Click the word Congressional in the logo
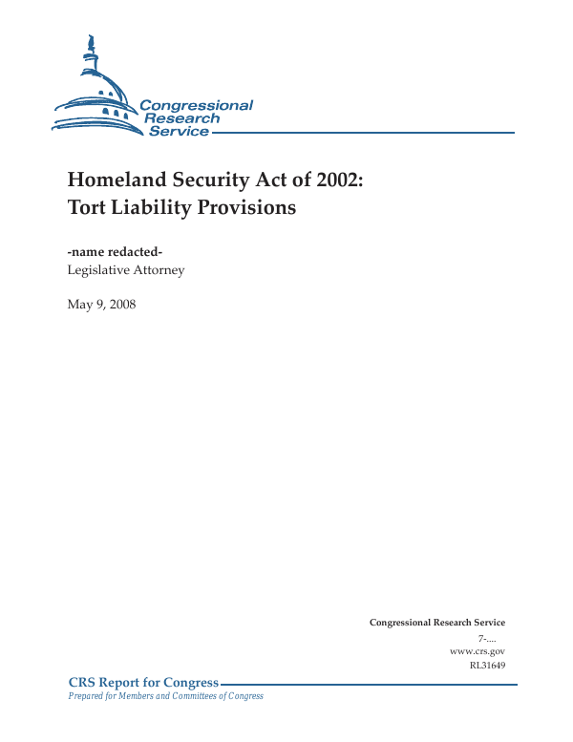coord(196,105)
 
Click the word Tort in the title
coord(88,206)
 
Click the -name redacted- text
coord(116,251)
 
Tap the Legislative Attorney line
coord(126,270)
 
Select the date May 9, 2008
coord(102,306)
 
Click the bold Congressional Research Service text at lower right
coord(436,623)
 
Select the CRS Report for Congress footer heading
coord(144,682)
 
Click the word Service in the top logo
coord(178,131)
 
